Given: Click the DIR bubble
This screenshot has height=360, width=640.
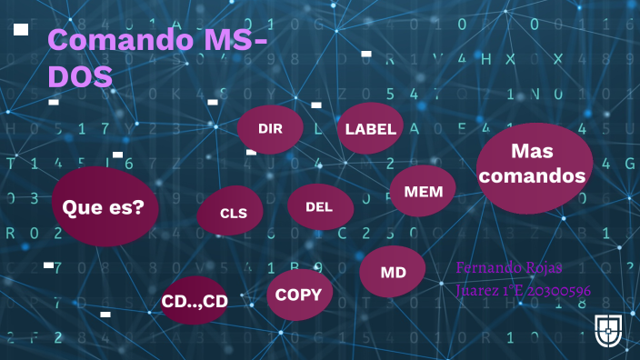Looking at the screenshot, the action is tap(270, 129).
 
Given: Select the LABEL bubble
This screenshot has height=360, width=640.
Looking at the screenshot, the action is tap(371, 129).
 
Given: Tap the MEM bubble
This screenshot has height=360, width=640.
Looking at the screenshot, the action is tap(423, 192).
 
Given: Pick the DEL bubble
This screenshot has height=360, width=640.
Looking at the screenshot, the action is tap(319, 207).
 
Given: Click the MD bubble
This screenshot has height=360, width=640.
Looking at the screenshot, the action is tap(393, 272).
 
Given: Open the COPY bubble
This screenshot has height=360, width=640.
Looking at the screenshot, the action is tap(299, 295).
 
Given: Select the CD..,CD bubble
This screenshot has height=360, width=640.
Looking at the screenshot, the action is tap(194, 301).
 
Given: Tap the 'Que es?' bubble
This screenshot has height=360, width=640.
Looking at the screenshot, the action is tap(104, 207).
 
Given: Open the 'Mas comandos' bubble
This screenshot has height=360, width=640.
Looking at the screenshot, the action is tap(534, 165).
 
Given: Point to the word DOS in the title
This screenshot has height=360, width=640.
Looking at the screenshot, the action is tap(80, 76).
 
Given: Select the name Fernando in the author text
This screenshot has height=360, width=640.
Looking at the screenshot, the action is tap(487, 268).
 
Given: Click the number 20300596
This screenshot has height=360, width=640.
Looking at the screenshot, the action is tap(555, 291).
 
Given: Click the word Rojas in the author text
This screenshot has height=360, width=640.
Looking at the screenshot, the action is tap(544, 268).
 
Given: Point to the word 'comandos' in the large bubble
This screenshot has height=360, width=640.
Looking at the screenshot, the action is tap(533, 176).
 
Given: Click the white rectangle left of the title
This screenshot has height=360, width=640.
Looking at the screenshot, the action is tap(21, 30).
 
